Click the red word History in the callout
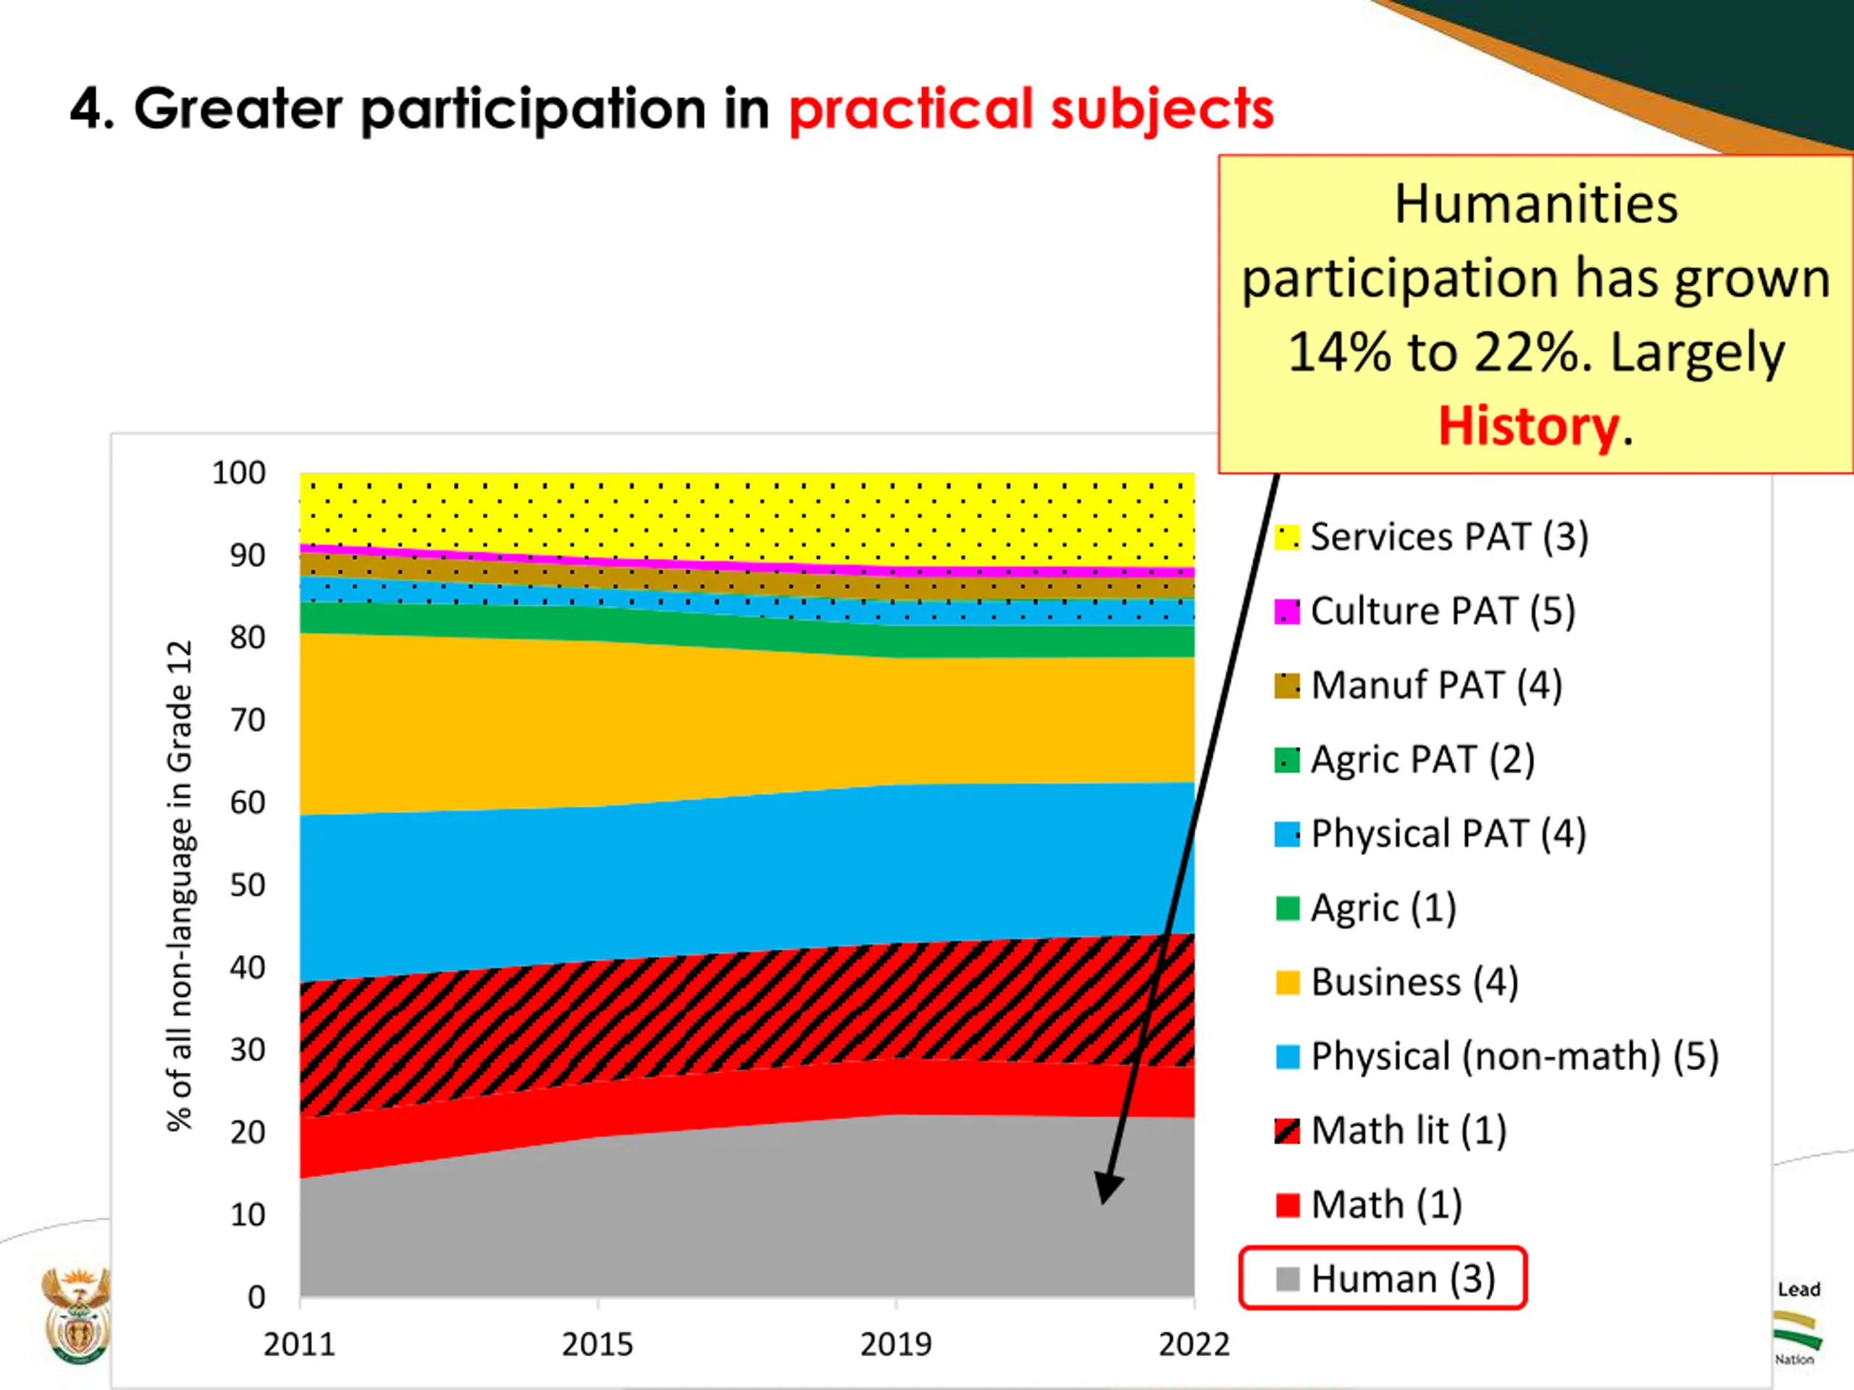[1528, 426]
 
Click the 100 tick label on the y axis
[238, 473]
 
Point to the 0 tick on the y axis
[256, 1298]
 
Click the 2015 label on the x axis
[597, 1345]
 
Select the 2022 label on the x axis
[1194, 1345]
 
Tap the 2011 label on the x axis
[299, 1345]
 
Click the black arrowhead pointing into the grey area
[1109, 1187]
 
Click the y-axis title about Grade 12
[180, 885]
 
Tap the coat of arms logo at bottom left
[75, 1315]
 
